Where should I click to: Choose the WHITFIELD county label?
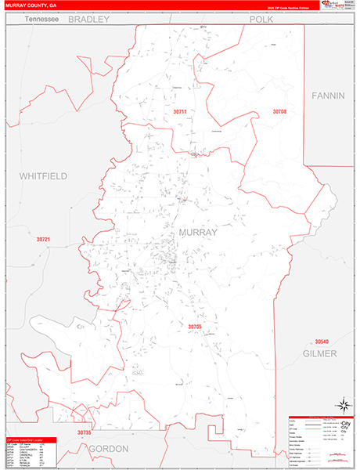click(43, 175)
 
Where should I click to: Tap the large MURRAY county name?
click(199, 233)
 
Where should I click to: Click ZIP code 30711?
click(180, 112)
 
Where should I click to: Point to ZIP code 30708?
click(279, 112)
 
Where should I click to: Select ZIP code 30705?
click(195, 326)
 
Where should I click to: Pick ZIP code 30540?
click(322, 342)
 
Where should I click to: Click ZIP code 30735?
click(85, 432)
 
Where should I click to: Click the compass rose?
click(342, 405)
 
